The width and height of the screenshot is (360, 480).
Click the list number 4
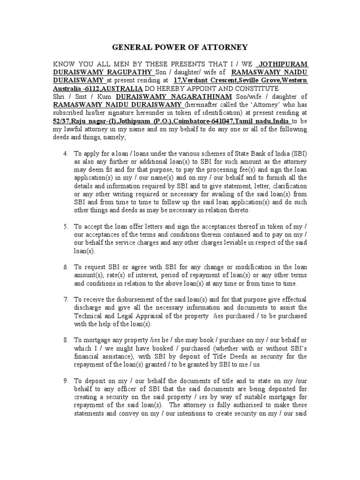coord(65,154)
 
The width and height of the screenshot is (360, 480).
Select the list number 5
coord(65,226)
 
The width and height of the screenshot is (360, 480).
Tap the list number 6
coord(65,266)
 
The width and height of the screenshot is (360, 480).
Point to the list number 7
coord(65,299)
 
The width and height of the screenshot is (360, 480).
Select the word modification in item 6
coord(243,266)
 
